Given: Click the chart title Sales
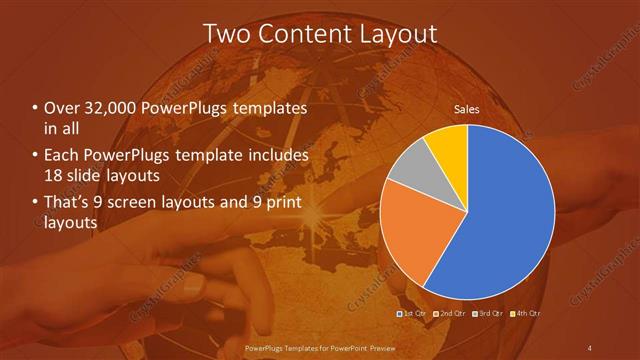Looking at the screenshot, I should (467, 108).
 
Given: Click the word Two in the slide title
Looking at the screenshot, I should (226, 33).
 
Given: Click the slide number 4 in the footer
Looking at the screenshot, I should (590, 347).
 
